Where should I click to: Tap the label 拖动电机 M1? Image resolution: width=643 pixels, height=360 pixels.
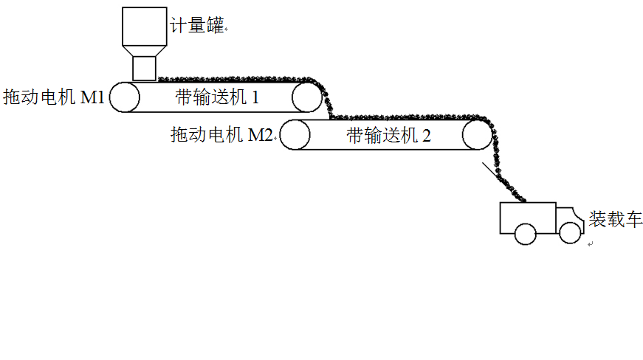point(54,96)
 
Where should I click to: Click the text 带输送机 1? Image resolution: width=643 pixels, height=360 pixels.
point(217,96)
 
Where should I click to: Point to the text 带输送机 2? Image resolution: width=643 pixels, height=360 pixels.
point(388,135)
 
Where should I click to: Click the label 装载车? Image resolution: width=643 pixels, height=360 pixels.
point(615,220)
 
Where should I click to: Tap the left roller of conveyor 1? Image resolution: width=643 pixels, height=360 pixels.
point(125,97)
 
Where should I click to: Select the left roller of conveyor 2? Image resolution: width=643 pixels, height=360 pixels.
point(295,135)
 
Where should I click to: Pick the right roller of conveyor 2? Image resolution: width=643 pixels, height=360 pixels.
point(476,136)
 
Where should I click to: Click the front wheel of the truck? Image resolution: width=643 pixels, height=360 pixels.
point(569,233)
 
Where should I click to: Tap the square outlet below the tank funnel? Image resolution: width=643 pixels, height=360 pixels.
point(145,69)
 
